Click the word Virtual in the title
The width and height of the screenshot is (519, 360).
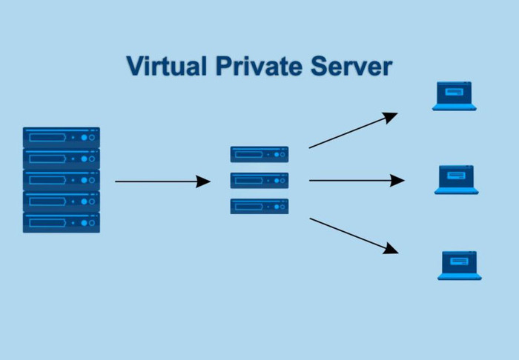pos(167,66)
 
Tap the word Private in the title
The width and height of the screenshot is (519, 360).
pos(259,66)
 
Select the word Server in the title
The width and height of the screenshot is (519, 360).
pos(351,66)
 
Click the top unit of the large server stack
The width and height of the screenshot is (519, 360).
pos(62,137)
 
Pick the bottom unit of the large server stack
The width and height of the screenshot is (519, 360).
pos(62,222)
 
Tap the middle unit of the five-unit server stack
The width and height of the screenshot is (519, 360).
pos(62,180)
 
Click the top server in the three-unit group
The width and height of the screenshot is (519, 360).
pos(259,154)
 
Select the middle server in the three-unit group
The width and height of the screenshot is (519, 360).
pos(259,181)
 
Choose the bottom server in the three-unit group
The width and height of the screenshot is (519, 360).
pos(259,206)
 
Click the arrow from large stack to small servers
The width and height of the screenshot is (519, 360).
pos(163,181)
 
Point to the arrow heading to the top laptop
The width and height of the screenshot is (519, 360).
pos(353,130)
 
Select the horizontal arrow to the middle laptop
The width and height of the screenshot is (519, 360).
pos(357,181)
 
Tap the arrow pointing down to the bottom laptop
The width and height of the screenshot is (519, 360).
pos(354,236)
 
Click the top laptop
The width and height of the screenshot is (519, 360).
pos(454,96)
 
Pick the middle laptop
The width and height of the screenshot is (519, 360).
pos(457,180)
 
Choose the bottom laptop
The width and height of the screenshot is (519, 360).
pos(460,265)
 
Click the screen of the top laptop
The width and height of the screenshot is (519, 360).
pos(454,93)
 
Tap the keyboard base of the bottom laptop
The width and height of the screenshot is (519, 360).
pos(460,276)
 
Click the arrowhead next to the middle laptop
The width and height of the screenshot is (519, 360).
pos(397,181)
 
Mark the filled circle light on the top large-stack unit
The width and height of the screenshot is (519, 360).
pos(84,138)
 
